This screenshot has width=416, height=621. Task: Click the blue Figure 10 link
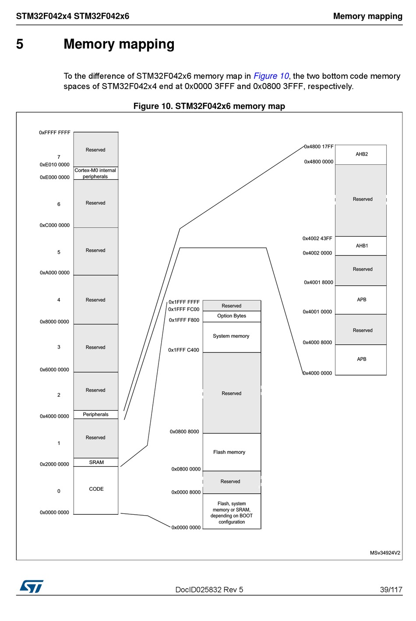tap(271, 76)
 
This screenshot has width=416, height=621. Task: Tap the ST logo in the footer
tap(31, 586)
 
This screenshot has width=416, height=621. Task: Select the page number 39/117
tap(391, 590)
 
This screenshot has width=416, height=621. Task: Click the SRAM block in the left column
tap(96, 462)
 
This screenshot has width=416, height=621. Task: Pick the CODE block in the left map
tap(96, 489)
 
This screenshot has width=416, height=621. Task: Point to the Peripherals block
tap(96, 415)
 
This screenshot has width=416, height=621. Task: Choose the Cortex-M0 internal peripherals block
tap(95, 174)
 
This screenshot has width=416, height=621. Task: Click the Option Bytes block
tap(232, 316)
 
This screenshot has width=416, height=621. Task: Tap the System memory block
tap(231, 336)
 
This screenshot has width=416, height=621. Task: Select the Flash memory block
tap(229, 452)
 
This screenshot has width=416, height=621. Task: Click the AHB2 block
tap(361, 154)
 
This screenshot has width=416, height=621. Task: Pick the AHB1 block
tap(362, 246)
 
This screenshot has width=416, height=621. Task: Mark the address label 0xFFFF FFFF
tap(55, 133)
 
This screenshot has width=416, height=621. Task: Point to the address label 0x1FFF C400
tap(183, 350)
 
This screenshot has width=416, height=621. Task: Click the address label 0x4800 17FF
tap(319, 147)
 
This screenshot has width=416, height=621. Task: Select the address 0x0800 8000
tap(184, 432)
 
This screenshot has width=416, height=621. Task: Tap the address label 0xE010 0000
tap(55, 165)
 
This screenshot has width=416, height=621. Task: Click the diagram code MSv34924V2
tap(385, 553)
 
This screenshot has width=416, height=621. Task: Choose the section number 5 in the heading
tap(20, 44)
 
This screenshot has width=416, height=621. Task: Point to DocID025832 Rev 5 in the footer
tap(209, 590)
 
